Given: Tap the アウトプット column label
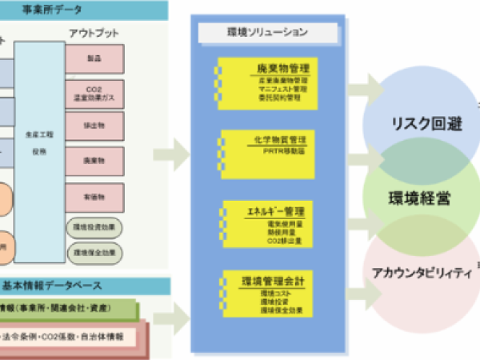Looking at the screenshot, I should pyautogui.click(x=94, y=33).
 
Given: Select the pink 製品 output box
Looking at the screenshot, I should pyautogui.click(x=95, y=58).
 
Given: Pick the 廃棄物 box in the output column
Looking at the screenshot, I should pyautogui.click(x=95, y=160).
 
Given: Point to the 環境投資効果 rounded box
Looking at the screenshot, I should pyautogui.click(x=95, y=226).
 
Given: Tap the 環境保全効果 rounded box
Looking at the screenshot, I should pyautogui.click(x=95, y=252).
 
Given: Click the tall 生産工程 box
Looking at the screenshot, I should pyautogui.click(x=39, y=152).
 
